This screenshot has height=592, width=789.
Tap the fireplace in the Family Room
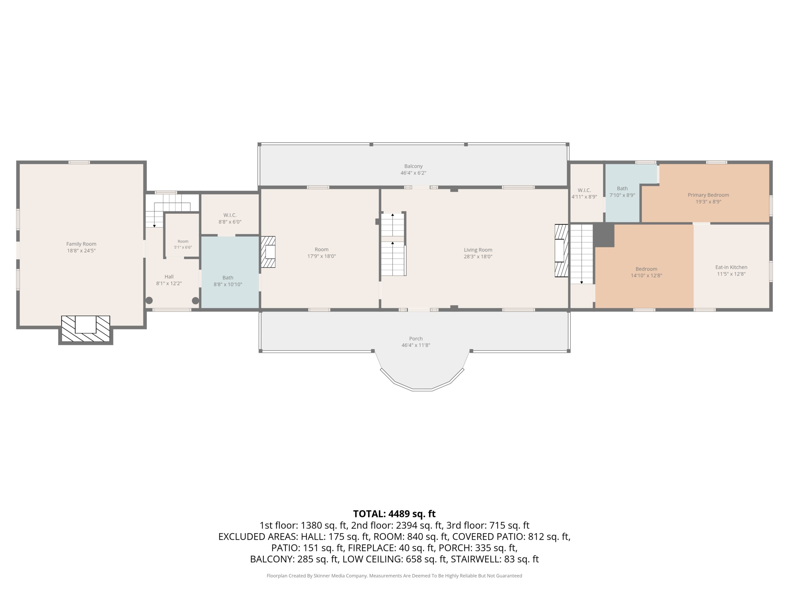coord(86,329)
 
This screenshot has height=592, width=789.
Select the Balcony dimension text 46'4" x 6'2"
coord(413,173)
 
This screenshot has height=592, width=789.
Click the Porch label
coord(416,339)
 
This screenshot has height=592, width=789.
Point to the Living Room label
coord(478,250)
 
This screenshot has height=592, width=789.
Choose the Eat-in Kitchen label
coord(731,267)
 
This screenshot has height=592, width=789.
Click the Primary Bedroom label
coord(708,195)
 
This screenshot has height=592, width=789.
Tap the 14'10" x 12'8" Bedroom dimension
coord(646,275)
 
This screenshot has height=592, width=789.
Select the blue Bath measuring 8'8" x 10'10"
coord(230,272)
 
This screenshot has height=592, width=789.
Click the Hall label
coord(169,277)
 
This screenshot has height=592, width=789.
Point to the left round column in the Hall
coord(149,300)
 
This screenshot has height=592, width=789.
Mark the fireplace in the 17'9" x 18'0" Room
coord(268,252)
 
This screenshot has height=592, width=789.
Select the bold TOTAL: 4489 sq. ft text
coord(394,514)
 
